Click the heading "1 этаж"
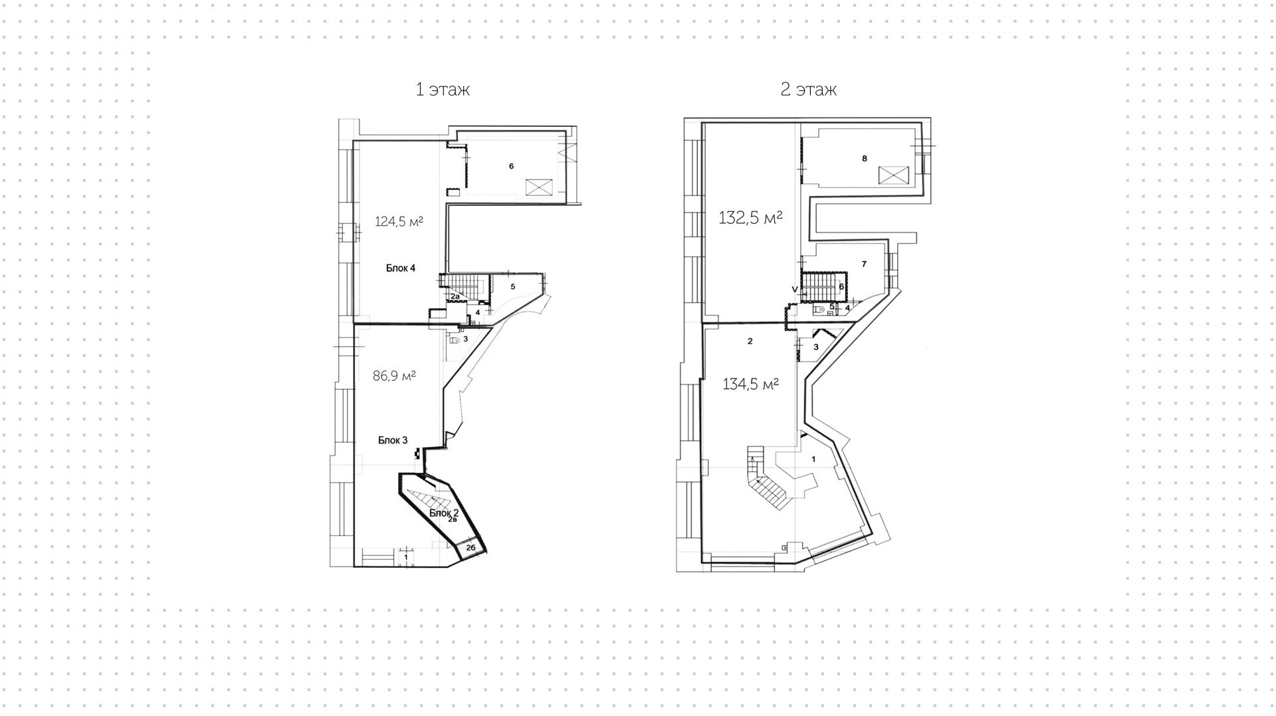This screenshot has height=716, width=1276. (443, 90)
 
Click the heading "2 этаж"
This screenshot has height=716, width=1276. (808, 90)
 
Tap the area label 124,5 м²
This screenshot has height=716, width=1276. (399, 221)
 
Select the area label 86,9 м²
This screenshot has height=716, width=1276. (394, 376)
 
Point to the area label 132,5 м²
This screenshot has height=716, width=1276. (750, 217)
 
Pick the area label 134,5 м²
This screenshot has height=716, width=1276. (750, 383)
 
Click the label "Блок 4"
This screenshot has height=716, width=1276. (401, 268)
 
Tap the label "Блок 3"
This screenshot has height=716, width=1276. (393, 440)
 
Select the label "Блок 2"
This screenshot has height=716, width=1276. (444, 513)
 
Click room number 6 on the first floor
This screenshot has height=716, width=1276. (511, 166)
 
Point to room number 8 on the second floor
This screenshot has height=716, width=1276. (864, 159)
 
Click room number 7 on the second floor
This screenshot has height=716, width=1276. (864, 264)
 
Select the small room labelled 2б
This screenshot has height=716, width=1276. (470, 548)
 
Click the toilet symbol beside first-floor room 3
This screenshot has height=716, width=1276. (455, 339)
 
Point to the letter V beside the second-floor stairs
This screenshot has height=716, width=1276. (794, 289)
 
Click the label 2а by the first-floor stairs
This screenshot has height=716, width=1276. (455, 296)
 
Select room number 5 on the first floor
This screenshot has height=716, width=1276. (513, 287)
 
